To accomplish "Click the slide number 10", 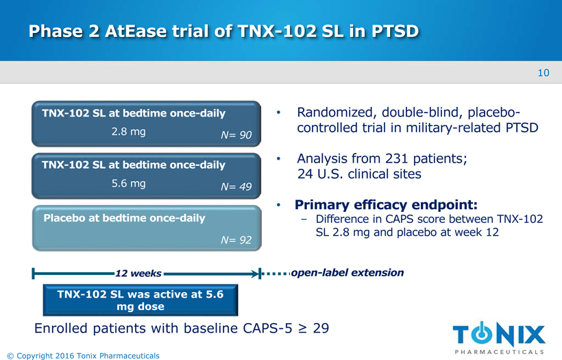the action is point(543,73).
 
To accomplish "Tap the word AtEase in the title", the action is point(136,31).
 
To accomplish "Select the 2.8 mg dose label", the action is point(129,132).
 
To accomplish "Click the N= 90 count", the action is point(236,135).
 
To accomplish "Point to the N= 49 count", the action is point(236,187).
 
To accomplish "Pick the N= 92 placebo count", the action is point(236,240).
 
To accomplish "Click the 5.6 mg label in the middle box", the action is point(129,184).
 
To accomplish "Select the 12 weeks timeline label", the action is point(138,274).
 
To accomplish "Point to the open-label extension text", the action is point(347,273).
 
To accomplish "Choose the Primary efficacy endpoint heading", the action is point(386,205).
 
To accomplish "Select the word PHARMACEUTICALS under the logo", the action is point(499,352).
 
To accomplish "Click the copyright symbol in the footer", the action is point(10,356).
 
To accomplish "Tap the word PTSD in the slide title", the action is point(395,31).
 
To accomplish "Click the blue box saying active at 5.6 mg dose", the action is point(140,300).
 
